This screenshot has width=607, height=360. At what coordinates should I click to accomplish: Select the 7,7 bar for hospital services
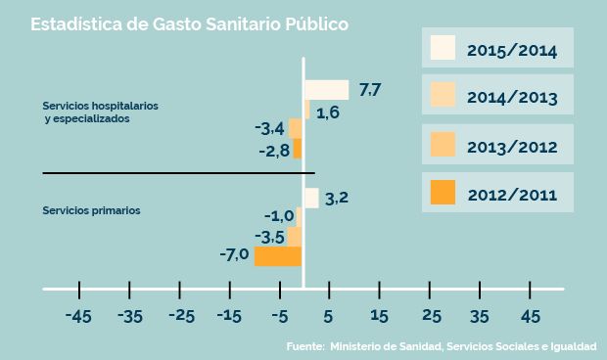coord(326,90)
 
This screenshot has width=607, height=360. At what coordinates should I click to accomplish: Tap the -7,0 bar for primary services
coord(278,256)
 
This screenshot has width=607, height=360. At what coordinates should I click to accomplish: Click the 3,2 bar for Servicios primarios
coord(311,198)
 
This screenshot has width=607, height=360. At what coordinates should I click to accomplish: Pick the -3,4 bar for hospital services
coord(295,129)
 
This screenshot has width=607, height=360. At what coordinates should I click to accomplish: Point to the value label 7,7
coord(370,91)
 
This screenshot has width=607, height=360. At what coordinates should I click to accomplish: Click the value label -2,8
coord(274,150)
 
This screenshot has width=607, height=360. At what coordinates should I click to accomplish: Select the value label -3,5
coord(269,237)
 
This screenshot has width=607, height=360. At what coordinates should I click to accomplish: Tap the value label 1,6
coord(328,112)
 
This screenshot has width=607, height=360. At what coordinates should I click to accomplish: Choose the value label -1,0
coord(279,216)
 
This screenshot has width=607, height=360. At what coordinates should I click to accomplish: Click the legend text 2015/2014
coord(512,50)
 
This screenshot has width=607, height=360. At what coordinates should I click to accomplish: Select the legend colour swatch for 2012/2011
coord(444,194)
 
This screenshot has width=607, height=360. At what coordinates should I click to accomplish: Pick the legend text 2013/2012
coord(512,147)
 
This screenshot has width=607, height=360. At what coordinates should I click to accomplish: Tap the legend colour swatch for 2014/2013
coord(444,96)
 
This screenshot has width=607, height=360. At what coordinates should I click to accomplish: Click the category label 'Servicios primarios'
coord(92,210)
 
